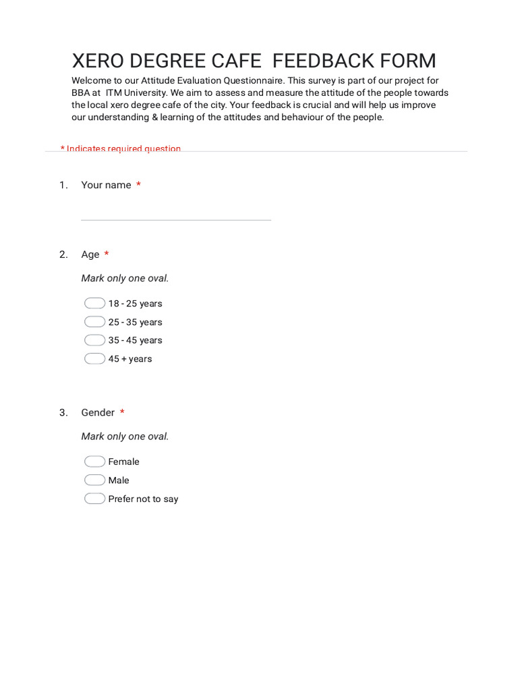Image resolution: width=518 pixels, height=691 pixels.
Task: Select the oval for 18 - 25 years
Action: (x=94, y=304)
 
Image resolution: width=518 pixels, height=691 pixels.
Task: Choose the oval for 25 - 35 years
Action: (x=94, y=322)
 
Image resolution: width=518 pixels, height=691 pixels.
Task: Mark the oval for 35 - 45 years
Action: (x=94, y=340)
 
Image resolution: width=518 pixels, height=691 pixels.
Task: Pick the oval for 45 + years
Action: (x=94, y=358)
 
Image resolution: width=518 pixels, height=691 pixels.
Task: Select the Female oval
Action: (x=94, y=462)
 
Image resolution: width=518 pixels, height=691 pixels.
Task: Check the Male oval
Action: (x=94, y=480)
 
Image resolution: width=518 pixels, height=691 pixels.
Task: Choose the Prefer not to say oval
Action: (x=94, y=499)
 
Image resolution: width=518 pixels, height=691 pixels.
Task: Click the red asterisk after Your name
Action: (x=138, y=184)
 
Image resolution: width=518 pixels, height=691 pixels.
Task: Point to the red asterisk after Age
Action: (x=107, y=254)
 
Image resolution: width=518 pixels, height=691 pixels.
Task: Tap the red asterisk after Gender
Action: (x=122, y=412)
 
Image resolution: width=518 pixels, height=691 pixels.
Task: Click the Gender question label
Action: (x=98, y=412)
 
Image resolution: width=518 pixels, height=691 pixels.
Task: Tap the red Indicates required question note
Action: (x=121, y=148)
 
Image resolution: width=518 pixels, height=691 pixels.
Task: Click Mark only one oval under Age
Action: (x=125, y=278)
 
